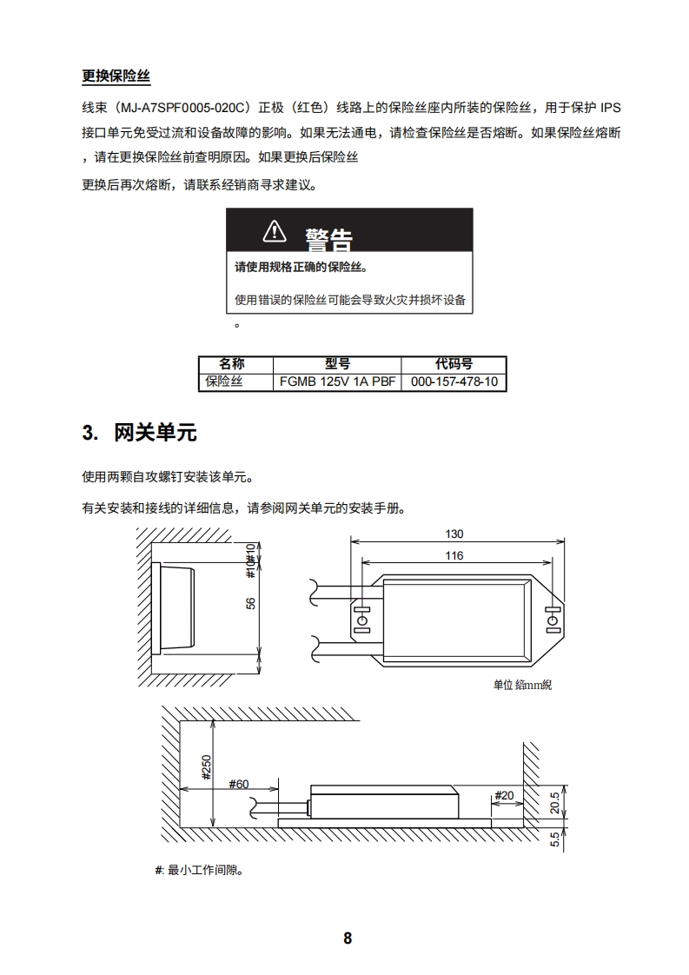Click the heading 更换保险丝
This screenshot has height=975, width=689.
click(x=116, y=76)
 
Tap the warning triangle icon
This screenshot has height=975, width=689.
click(x=274, y=231)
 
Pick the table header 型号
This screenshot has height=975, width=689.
click(x=337, y=364)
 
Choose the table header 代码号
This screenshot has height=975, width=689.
click(x=454, y=364)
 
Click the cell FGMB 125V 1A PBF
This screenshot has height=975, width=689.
click(x=337, y=381)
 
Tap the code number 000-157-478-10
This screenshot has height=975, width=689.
click(x=454, y=381)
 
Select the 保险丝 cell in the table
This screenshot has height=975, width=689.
click(x=224, y=381)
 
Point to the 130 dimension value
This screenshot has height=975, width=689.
click(x=454, y=534)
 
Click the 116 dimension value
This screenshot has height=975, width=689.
click(x=454, y=556)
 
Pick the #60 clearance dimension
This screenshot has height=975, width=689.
click(x=239, y=784)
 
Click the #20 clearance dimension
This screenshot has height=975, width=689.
click(x=503, y=795)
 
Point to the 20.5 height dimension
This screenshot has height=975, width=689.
click(x=555, y=802)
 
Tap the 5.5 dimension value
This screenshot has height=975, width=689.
click(x=555, y=840)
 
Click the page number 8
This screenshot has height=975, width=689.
click(x=348, y=939)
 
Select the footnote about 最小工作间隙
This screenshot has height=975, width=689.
click(x=198, y=870)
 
